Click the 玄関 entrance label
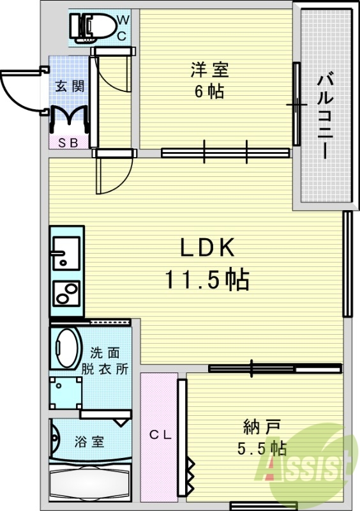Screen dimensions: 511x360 (x=70, y=86)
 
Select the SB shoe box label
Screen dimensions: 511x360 (x=69, y=143)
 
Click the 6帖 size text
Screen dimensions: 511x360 (x=209, y=91)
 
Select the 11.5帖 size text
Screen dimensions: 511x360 (x=207, y=279)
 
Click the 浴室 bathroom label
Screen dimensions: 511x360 (x=89, y=441)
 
